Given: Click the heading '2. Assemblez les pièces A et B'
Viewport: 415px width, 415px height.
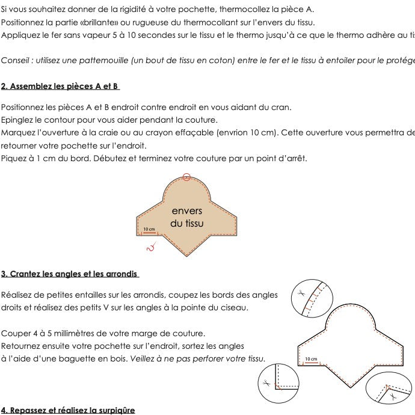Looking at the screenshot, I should (x=60, y=86).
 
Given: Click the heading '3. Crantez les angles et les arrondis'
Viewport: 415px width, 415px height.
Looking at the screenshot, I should (x=70, y=274).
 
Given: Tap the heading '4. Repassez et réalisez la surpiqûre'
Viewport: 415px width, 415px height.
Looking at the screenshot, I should (x=68, y=410).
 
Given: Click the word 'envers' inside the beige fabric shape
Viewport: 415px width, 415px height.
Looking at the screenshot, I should (x=187, y=211).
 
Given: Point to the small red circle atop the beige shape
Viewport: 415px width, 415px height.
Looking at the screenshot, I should (x=187, y=177).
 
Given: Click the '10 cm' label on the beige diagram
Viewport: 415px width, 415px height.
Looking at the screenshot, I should (x=149, y=230).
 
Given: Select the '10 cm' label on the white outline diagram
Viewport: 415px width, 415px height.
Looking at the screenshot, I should (x=312, y=359).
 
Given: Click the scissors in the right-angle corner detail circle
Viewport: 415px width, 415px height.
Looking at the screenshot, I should (x=265, y=383).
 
